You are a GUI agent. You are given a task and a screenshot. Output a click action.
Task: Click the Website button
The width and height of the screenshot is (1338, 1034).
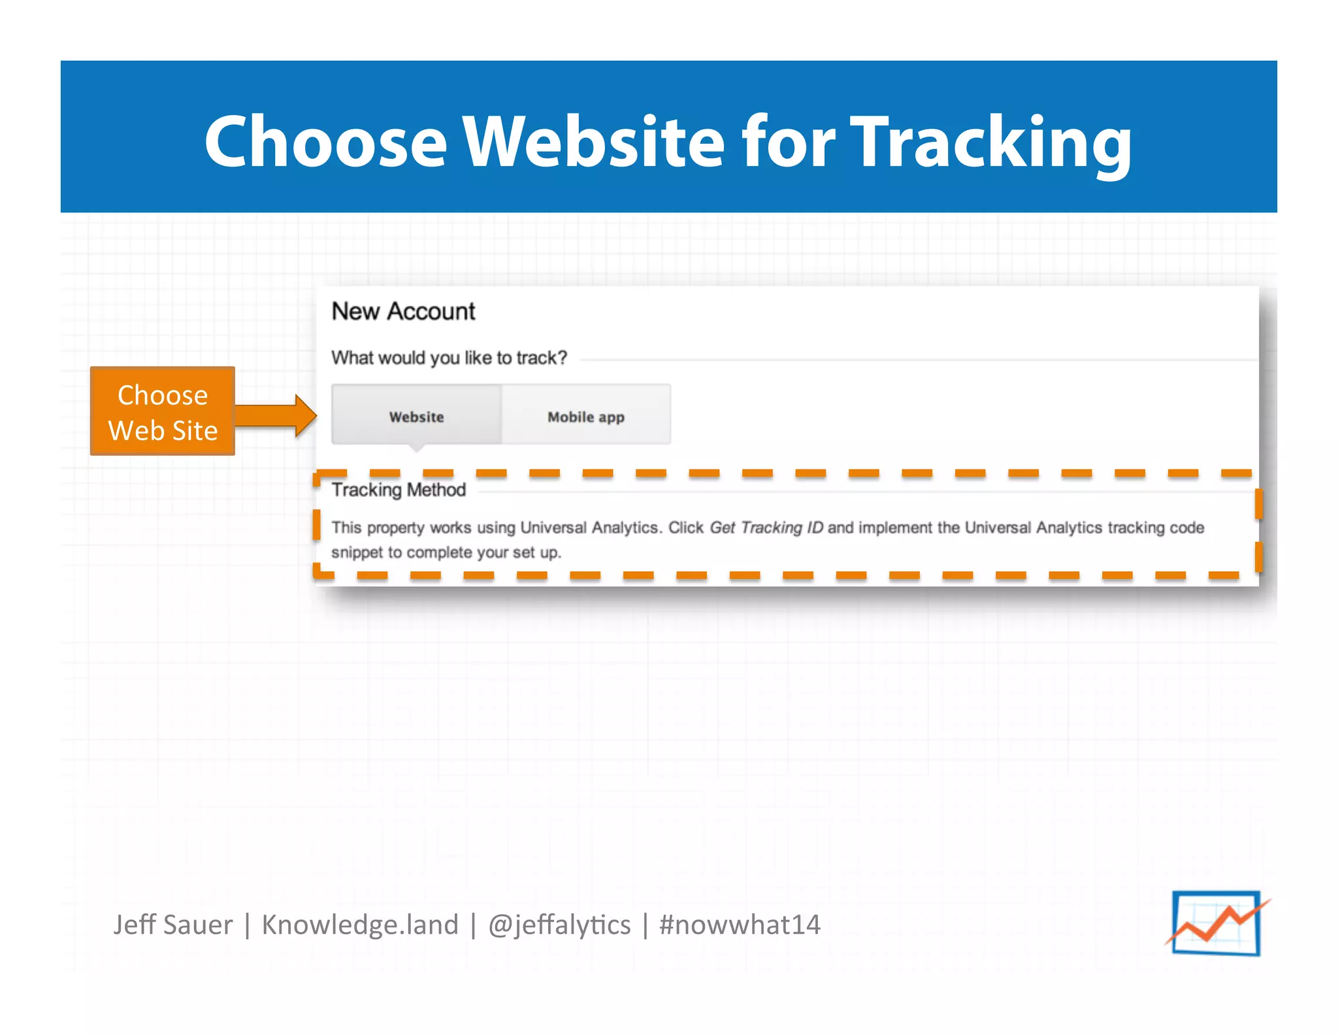(416, 416)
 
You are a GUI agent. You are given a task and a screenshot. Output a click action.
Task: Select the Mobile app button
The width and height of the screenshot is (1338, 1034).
(586, 416)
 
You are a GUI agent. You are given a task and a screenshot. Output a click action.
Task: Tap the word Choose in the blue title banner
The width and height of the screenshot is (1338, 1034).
(325, 141)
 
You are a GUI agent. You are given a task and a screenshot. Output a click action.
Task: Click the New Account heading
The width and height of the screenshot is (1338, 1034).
(403, 311)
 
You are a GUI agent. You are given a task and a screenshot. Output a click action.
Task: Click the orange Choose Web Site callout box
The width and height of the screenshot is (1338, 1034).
(163, 412)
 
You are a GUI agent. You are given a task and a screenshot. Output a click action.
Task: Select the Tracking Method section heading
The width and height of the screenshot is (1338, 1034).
(399, 490)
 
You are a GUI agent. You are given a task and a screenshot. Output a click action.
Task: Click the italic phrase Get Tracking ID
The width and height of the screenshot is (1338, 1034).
(766, 527)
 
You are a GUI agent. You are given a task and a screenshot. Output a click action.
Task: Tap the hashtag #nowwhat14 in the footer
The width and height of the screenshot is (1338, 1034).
(740, 924)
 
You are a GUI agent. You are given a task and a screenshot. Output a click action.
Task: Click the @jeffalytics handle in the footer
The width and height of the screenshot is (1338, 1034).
(559, 924)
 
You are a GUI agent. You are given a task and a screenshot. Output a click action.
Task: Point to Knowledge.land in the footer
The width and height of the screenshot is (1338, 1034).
(360, 924)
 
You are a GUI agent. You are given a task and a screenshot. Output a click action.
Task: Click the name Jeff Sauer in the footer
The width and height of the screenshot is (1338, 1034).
(172, 924)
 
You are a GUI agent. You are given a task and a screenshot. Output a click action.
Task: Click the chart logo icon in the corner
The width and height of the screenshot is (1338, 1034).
(1216, 923)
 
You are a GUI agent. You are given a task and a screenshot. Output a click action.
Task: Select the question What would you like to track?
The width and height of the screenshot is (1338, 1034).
(449, 358)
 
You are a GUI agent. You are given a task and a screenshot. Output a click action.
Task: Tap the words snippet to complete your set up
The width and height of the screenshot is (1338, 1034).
(446, 552)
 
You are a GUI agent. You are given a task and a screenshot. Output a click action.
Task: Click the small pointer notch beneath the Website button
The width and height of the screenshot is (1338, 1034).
(416, 448)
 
